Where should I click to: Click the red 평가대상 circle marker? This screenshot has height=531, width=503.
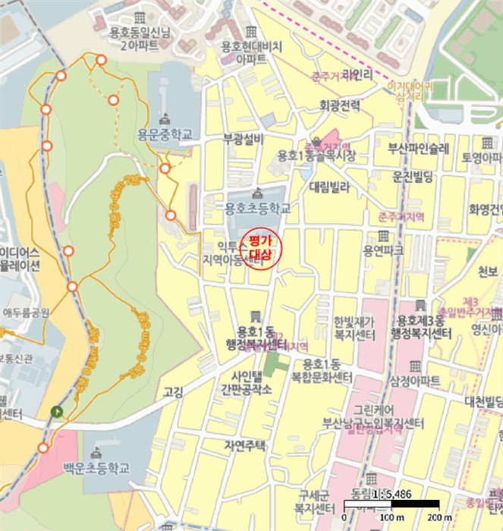click(x=260, y=247)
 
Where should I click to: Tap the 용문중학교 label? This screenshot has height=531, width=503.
click(x=165, y=135)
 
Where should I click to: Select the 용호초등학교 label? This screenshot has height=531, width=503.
click(x=257, y=207)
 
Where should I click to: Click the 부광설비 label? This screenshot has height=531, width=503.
click(x=243, y=139)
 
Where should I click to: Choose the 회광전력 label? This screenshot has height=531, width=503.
click(x=340, y=106)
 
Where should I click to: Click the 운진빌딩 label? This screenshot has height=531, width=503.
click(x=412, y=176)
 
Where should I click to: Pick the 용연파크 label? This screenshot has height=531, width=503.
click(x=384, y=250)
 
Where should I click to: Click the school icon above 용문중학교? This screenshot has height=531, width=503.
click(x=165, y=118)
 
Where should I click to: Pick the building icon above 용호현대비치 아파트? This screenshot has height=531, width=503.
click(x=250, y=31)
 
